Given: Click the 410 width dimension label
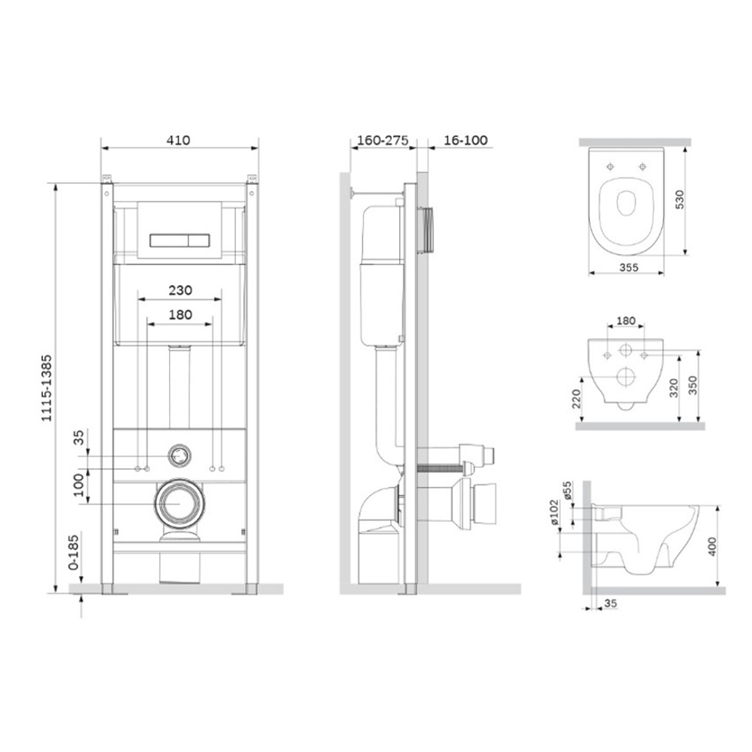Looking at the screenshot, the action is point(178,140).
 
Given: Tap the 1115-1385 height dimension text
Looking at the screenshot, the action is point(47,388).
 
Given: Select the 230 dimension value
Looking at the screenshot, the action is point(180,290).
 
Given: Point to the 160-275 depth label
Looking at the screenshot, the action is point(384,140).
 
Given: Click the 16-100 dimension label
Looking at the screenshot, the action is point(465,140).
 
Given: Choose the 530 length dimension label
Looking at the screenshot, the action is point(680,199).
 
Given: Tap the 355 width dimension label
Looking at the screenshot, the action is point(629,267).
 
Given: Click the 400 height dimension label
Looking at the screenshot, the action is point(712,546).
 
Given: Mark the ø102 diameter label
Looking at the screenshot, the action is point(554,512).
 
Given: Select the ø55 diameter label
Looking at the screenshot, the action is point(569,491).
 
